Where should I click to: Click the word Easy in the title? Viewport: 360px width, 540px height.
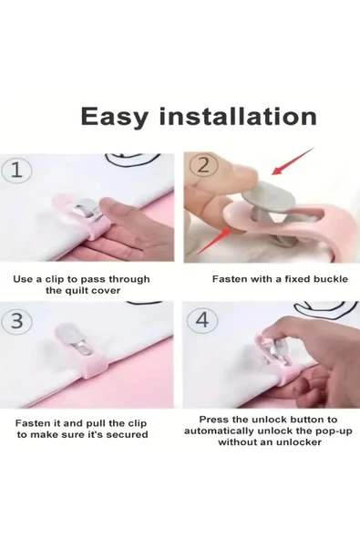[114, 117]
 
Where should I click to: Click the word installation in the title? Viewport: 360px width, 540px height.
[238, 116]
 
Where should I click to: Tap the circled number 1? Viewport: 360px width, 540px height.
[17, 171]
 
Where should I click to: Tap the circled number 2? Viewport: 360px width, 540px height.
[204, 167]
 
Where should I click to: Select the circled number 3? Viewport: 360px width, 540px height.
[17, 321]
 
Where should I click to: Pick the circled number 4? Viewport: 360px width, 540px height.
[202, 320]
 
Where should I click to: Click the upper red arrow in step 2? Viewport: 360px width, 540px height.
[293, 161]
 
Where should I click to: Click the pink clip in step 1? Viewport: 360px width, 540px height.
[85, 218]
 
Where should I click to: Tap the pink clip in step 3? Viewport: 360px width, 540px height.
[82, 351]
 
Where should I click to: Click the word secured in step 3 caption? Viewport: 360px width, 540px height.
[127, 434]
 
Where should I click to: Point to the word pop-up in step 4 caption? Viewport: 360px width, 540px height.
[334, 431]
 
